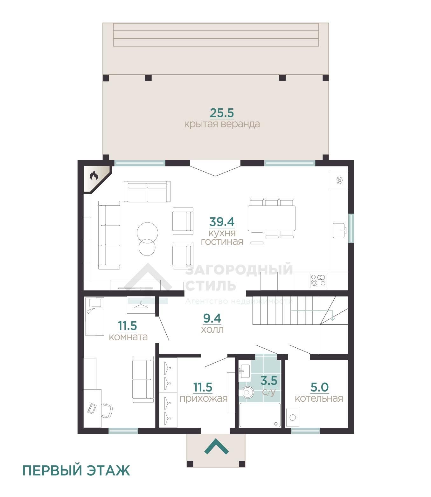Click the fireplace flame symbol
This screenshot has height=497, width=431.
point(94,175)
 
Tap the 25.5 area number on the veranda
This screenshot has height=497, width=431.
point(222,113)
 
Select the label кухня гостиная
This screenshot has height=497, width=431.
point(222,237)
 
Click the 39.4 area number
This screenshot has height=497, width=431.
point(222,221)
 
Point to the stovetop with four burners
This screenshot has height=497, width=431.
point(318,281)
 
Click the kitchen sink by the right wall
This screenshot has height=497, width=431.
point(340,230)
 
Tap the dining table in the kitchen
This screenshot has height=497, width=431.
point(271,218)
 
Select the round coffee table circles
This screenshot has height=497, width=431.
point(147,239)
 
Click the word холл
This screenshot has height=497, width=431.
point(212,330)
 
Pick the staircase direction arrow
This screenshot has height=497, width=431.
point(313,313)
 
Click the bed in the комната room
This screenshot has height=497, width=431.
point(95,316)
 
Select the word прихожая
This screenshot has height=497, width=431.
point(203,399)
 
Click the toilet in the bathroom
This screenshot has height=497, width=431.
point(247,393)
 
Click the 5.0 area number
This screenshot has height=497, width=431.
point(319,387)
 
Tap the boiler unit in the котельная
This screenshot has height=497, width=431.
point(293,418)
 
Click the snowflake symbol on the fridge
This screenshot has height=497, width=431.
point(339,180)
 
